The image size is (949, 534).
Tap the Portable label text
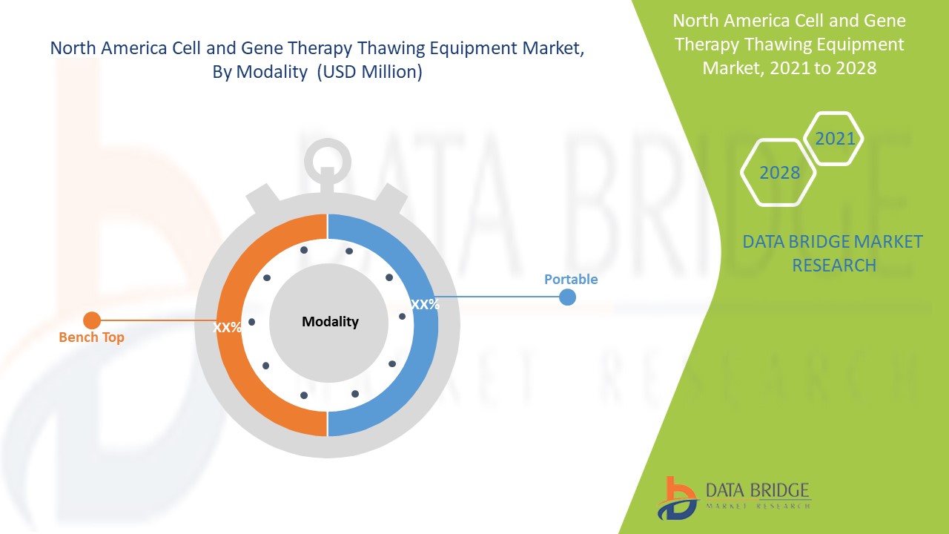tap(570, 280)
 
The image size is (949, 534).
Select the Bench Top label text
tap(91, 337)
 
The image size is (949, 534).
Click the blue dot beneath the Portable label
tap(567, 297)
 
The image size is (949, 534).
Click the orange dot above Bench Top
tap(92, 320)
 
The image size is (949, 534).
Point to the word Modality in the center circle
tap(330, 322)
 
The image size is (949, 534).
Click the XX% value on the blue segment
tap(425, 304)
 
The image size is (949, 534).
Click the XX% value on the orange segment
tap(228, 327)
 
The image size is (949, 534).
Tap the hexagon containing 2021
tap(834, 139)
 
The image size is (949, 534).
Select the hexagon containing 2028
tap(779, 173)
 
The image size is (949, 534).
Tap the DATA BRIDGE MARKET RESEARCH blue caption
tap(833, 253)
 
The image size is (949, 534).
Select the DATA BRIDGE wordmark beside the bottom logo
tap(757, 490)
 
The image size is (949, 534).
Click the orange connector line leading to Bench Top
tap(156, 320)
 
